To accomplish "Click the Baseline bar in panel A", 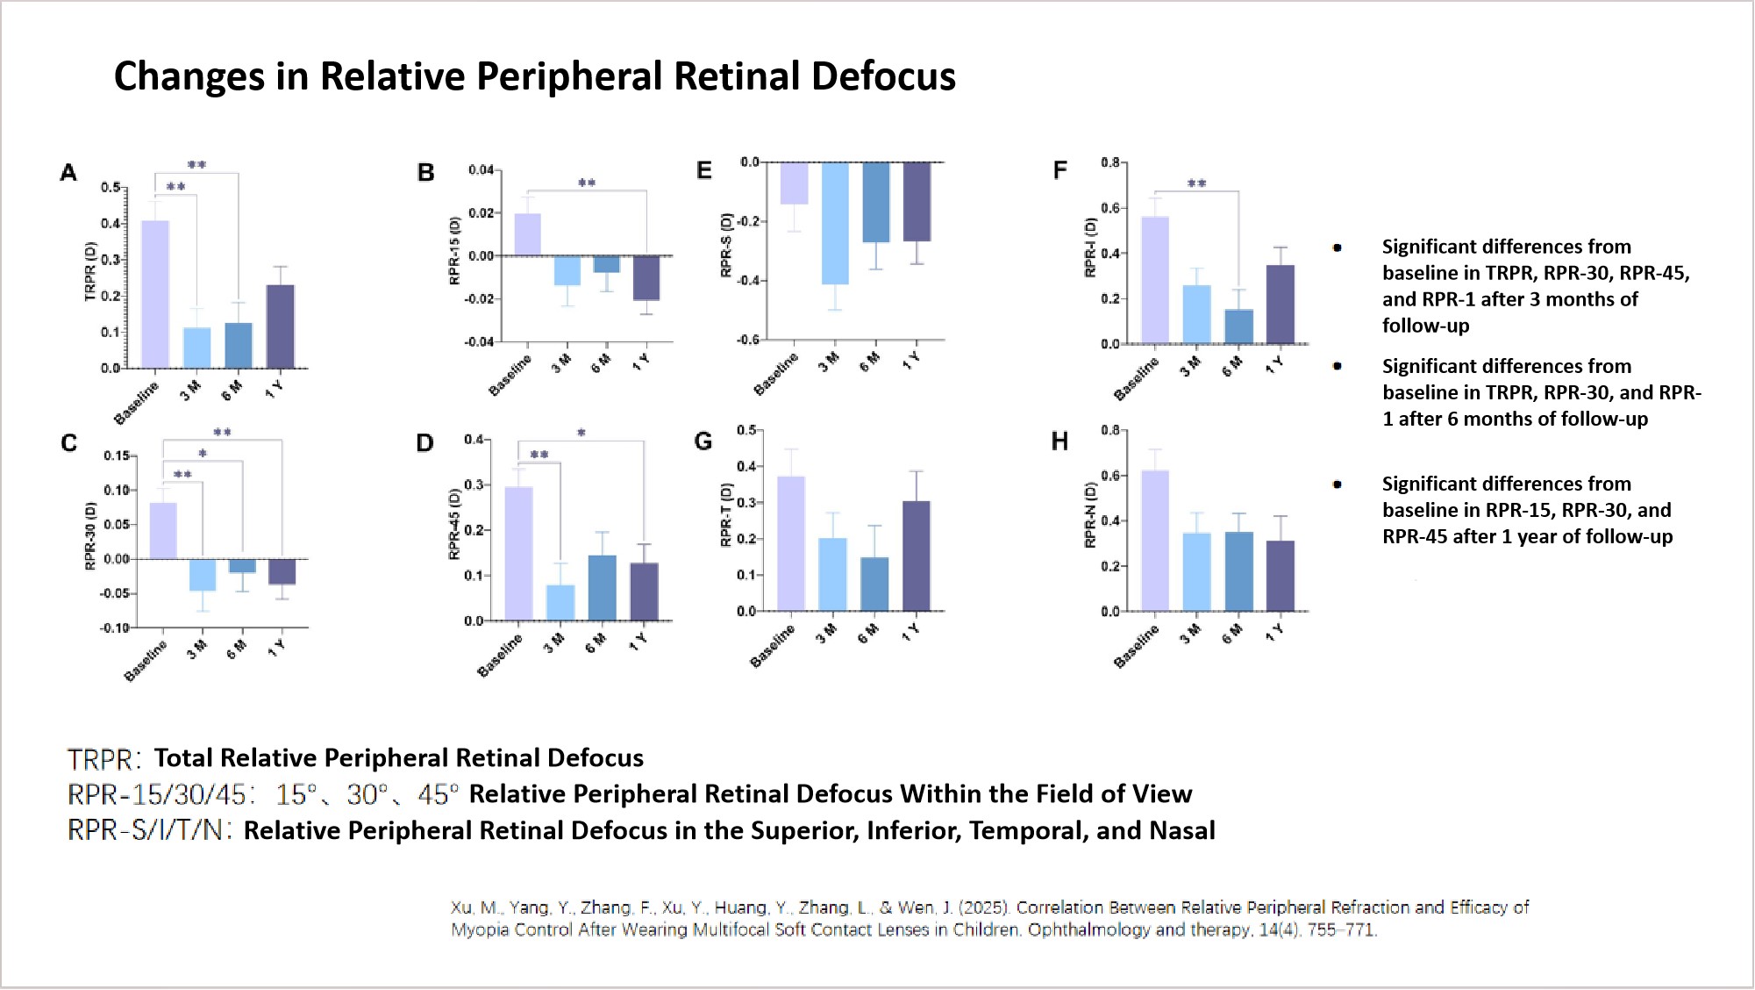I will point(155,294).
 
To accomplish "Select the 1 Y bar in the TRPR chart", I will point(280,326).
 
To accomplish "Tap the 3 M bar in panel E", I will point(835,223).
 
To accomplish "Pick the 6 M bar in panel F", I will point(1238,326).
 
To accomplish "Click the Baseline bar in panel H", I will point(1154,541).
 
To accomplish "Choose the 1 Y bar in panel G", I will point(917,556).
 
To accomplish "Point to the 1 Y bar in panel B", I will point(646,277).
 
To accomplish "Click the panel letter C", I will point(69,443).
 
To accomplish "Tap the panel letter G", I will point(703,441).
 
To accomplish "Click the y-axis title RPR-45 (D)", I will point(454,524).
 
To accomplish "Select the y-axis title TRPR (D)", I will point(89,273).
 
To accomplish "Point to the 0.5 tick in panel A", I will point(110,188).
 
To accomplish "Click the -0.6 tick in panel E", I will point(748,340).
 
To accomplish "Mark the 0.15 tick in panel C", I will point(116,456).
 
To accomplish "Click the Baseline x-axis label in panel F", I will point(1137,378).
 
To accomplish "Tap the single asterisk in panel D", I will point(581,433).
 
